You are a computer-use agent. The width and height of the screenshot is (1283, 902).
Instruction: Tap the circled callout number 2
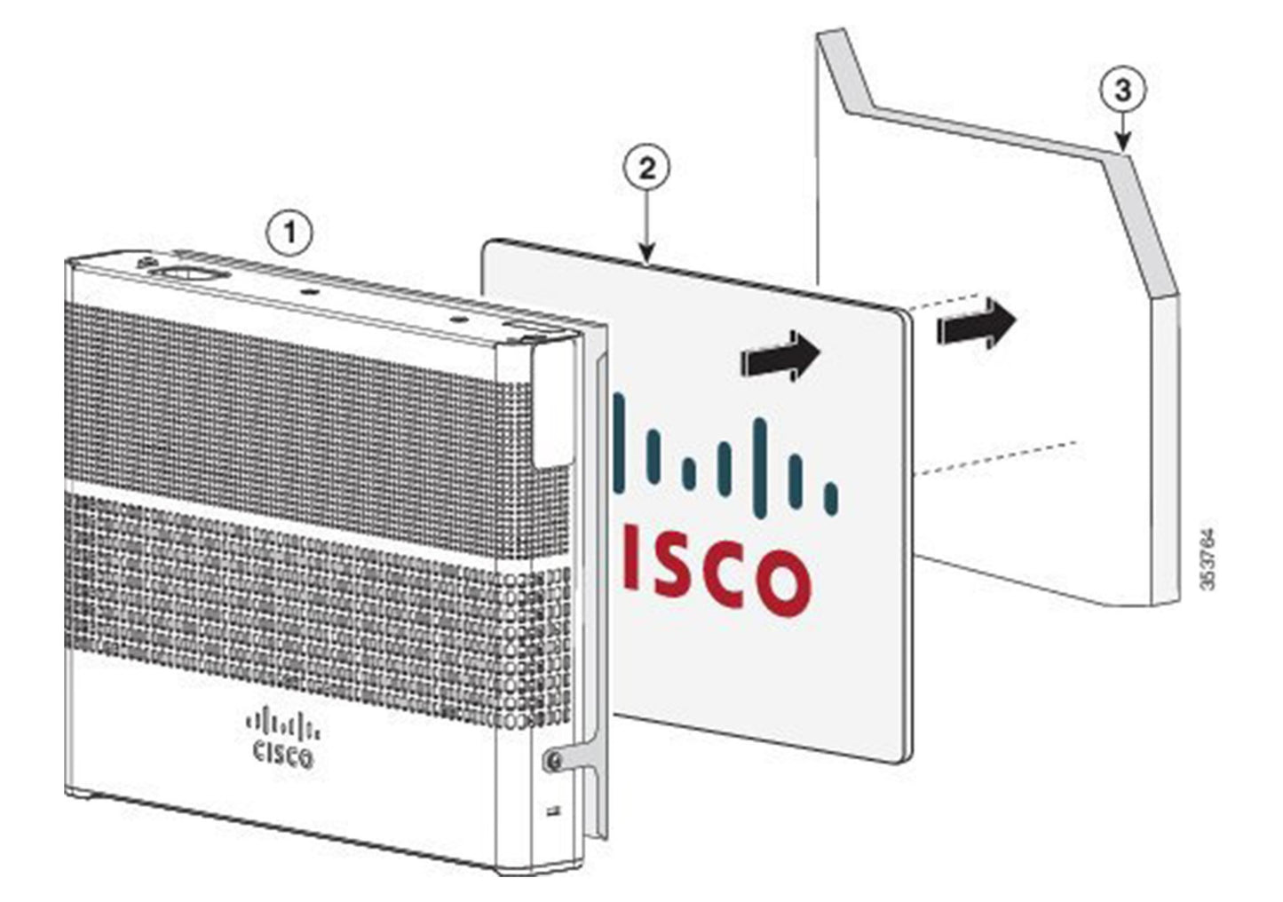[x=646, y=168]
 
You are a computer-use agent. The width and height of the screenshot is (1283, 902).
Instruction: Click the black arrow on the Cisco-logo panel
[x=779, y=357]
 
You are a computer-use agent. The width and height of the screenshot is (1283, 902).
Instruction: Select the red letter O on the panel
[x=780, y=582]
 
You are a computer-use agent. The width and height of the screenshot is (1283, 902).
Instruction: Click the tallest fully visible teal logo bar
[x=759, y=467]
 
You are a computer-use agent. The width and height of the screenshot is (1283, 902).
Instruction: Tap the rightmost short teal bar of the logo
[x=830, y=499]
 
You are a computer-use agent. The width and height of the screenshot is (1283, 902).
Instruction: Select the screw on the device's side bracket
[x=552, y=760]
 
